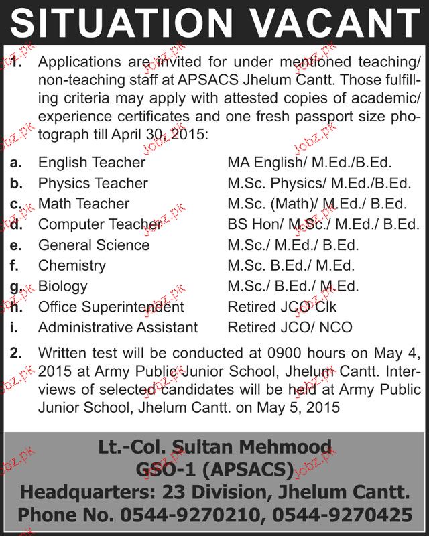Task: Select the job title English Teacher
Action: point(92,162)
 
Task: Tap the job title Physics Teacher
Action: point(93,183)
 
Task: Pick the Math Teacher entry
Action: point(84,204)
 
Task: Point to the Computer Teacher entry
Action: point(100,224)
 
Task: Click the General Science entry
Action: point(94,245)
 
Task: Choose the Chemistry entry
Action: point(72,266)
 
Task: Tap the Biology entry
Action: point(63,286)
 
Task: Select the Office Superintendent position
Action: point(111,307)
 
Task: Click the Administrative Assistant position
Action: point(118,328)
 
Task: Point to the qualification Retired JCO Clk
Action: point(282,307)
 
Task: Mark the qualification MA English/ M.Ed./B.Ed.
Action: point(310,162)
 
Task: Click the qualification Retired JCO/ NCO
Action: point(290,328)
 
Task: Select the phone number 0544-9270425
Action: point(347,515)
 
